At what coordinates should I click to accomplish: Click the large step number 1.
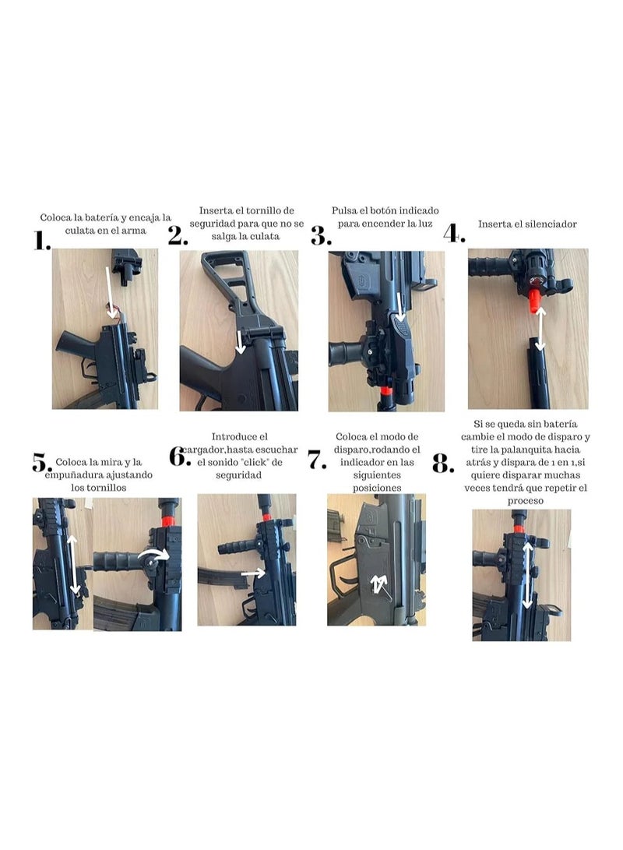[x=41, y=242]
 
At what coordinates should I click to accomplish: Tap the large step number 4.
[x=454, y=232]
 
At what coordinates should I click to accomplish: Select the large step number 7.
[x=317, y=460]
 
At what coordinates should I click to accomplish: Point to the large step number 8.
[x=442, y=465]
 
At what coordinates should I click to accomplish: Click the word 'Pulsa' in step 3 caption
[x=346, y=210]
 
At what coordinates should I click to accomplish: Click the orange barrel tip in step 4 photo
[x=535, y=301]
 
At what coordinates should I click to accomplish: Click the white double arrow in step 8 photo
[x=528, y=575]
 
